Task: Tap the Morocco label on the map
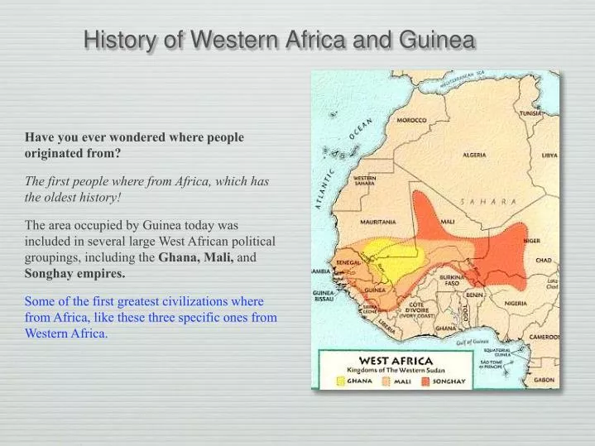pos(411,121)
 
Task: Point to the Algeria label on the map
pos(474,155)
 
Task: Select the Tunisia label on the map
pos(530,113)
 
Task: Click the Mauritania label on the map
pos(378,222)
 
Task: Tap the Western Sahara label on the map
pos(367,180)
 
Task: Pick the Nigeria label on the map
pos(516,303)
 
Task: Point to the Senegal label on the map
pos(348,262)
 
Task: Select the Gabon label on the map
pos(544,380)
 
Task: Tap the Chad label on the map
pos(543,261)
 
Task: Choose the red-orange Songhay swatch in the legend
pos(425,381)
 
